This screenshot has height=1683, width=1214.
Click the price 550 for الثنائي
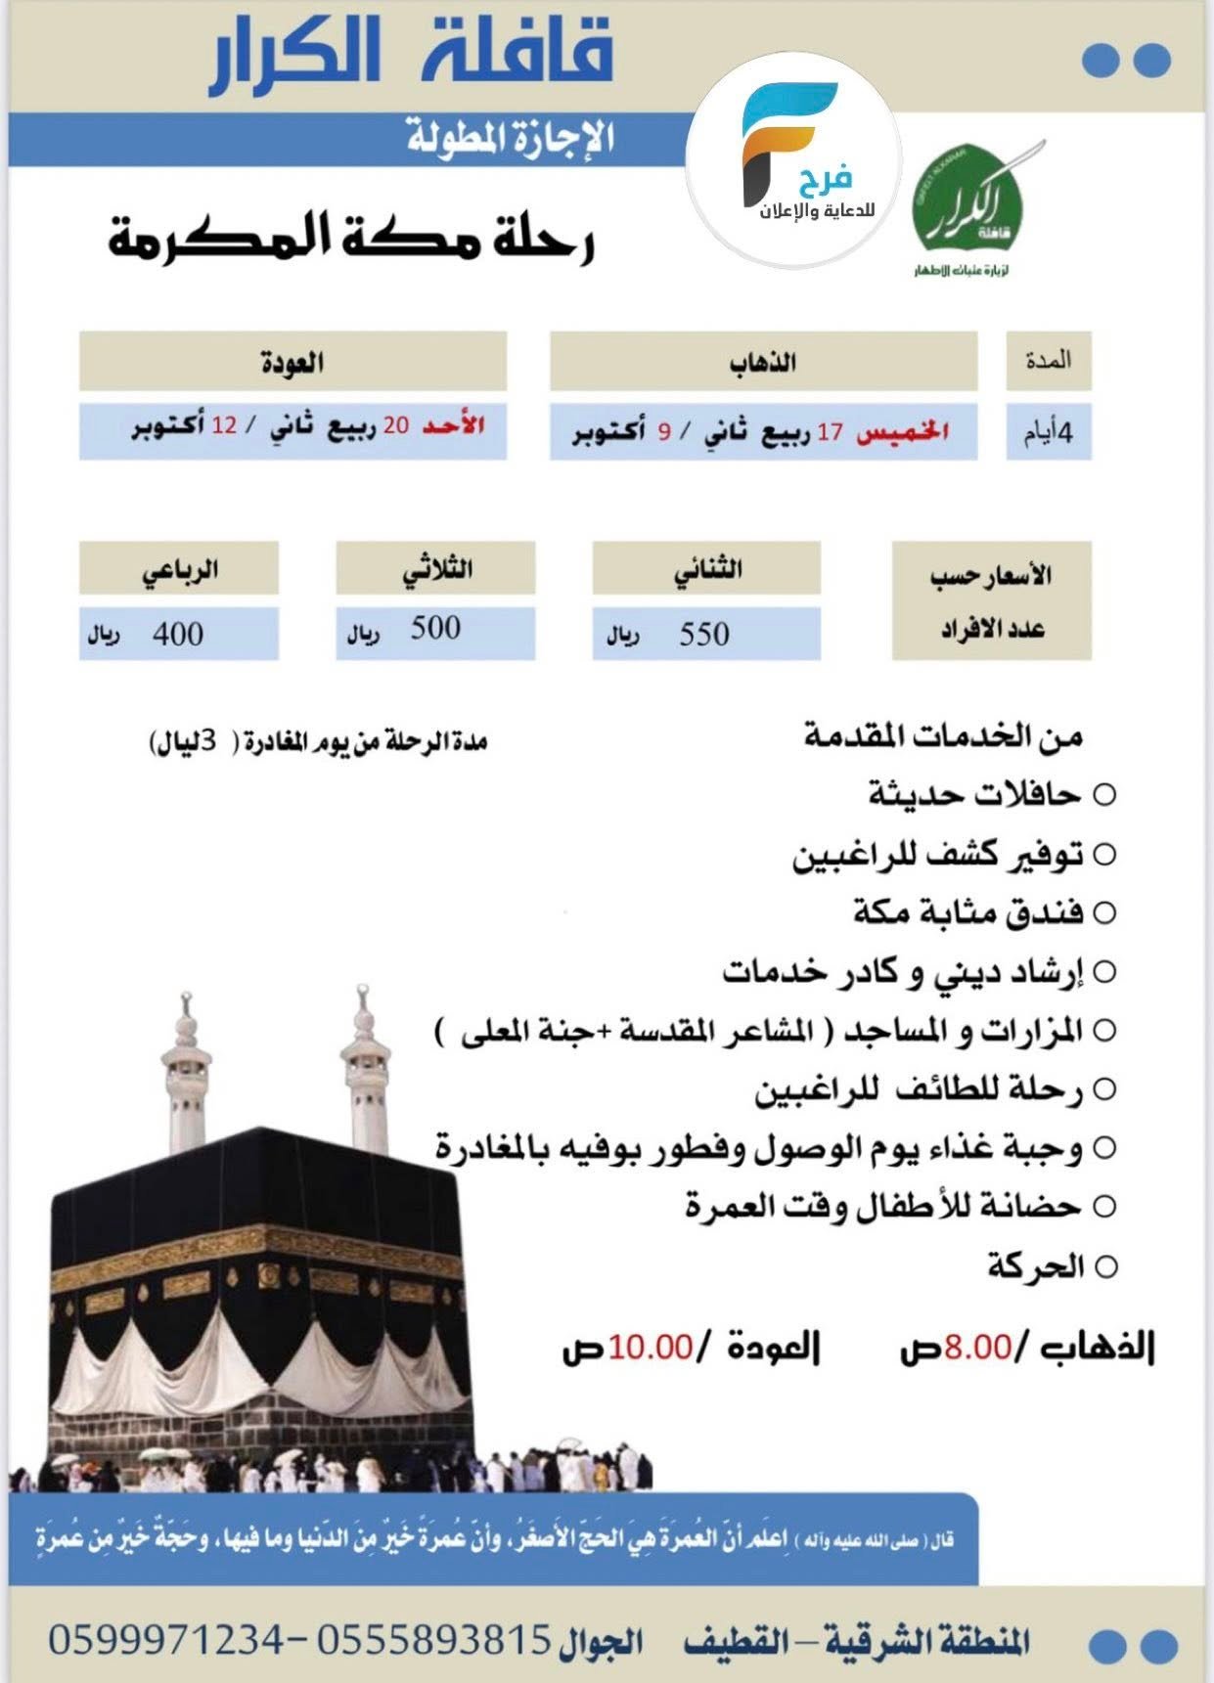coord(704,634)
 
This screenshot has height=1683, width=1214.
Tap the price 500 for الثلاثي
coord(435,628)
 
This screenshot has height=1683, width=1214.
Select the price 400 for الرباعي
coord(178,634)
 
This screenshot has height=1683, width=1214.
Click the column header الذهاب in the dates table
coord(763,362)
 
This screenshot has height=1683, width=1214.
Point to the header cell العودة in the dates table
coord(292,362)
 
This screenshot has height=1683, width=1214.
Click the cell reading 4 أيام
coord(1049,431)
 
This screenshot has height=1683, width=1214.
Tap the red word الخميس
coord(903,431)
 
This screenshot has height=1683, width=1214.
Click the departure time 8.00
coord(977,1347)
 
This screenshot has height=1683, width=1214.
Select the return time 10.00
coord(651,1347)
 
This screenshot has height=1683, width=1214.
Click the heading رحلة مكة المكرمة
coord(352,240)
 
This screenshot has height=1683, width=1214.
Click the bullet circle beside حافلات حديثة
coord(1104,795)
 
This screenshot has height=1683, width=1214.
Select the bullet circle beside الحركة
coord(1105,1267)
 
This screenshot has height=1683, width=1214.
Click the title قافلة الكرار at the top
coord(411,56)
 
